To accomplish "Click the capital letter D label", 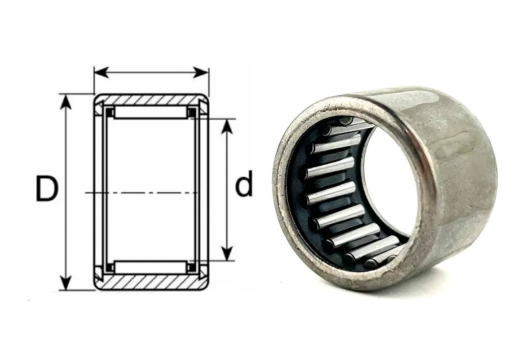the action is tap(47, 189).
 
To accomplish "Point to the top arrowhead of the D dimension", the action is tap(66, 102).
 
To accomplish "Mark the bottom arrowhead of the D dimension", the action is tap(66, 283).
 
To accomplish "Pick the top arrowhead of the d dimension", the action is tap(227, 126).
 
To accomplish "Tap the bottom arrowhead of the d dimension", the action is tap(227, 254).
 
